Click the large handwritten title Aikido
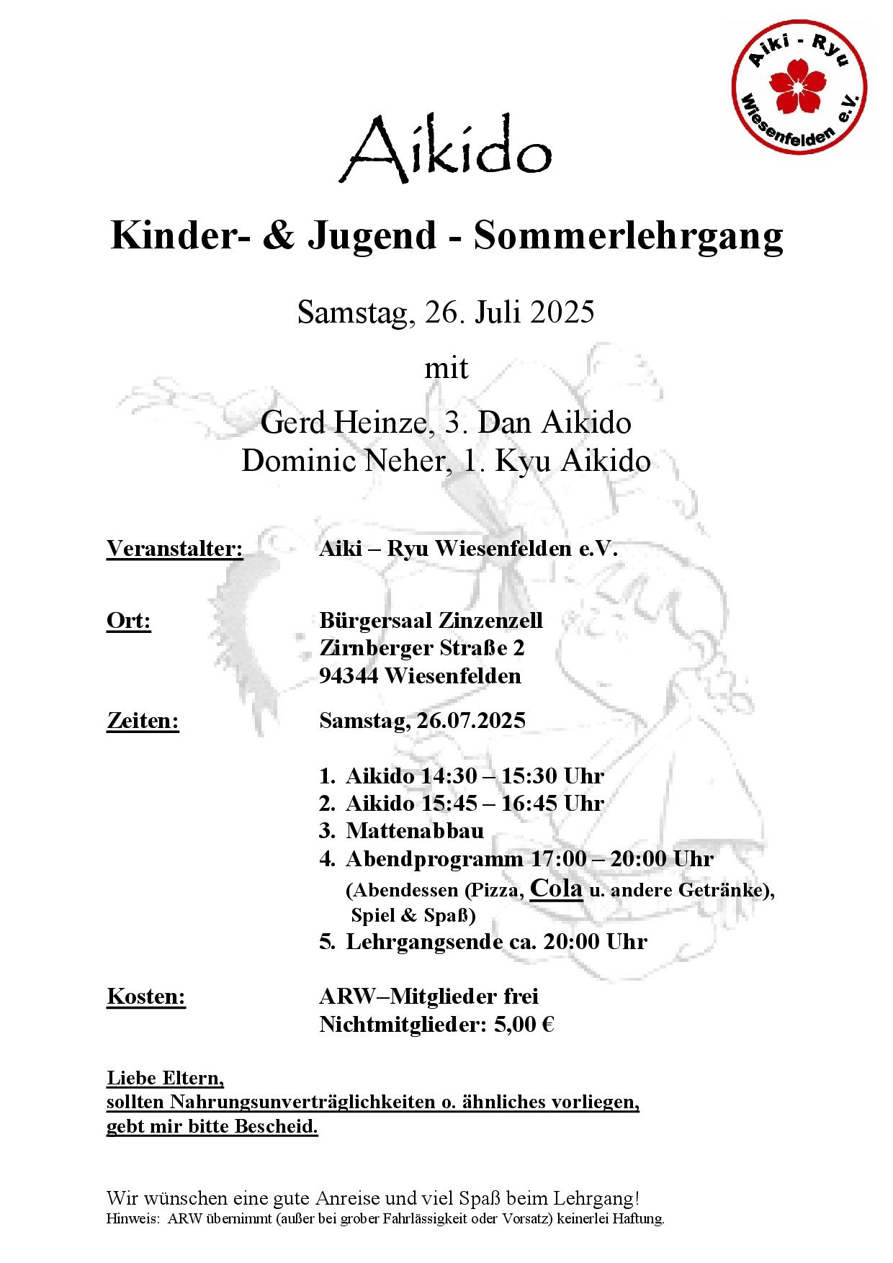coord(446,149)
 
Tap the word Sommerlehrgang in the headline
coord(628,235)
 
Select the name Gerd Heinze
coord(344,423)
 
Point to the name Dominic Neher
coord(344,461)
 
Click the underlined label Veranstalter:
coord(175,549)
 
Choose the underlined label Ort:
coord(129,621)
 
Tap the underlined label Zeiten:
coord(143,721)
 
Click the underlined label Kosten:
coord(146,997)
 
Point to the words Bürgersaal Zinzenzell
coord(431,621)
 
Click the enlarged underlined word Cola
coord(556,888)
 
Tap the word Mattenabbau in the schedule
coord(415,831)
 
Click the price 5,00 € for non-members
coord(524,1024)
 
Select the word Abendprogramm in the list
coord(434,859)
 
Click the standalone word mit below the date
coord(446,369)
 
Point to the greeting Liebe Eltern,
coord(166,1078)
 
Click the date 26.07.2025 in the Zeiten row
coord(471,721)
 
